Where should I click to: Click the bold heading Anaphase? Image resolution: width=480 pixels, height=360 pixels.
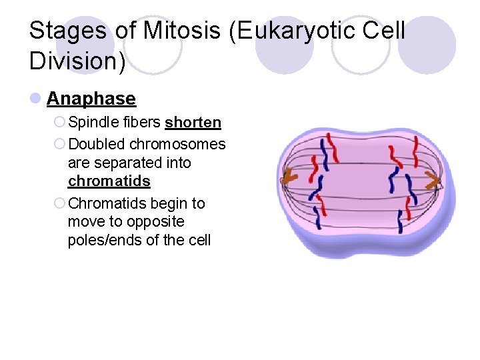coord(91,99)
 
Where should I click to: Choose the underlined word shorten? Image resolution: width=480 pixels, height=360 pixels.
coord(193,123)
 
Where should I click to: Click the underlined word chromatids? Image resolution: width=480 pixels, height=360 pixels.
coord(109,181)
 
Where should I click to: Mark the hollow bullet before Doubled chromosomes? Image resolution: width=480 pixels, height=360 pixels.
coord(59,145)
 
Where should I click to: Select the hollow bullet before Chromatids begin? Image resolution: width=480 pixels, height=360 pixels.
coord(59,203)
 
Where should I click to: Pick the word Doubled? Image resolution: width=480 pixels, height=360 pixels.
coord(97,145)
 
